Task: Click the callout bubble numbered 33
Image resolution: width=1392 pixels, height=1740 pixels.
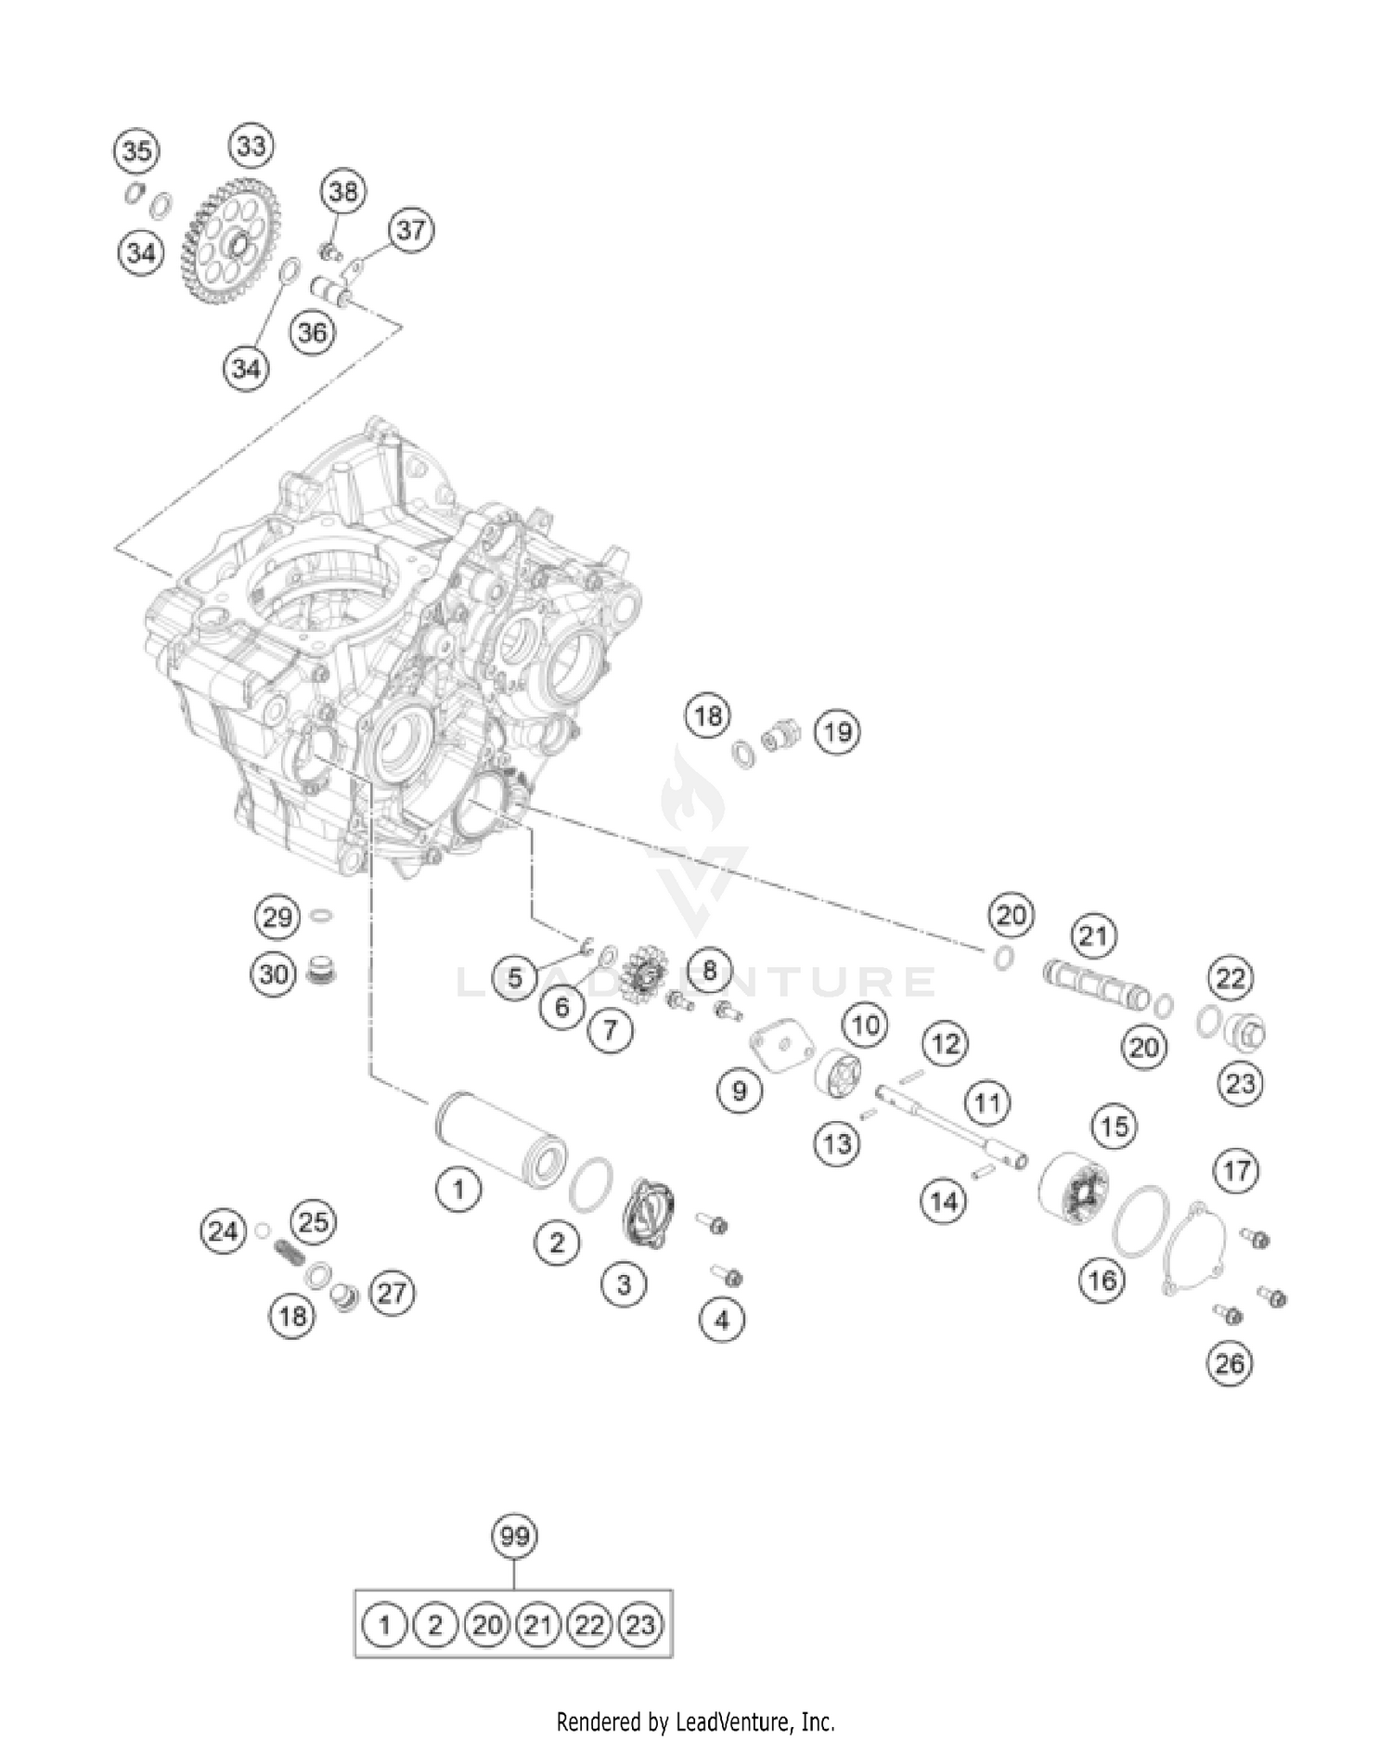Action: coord(251,146)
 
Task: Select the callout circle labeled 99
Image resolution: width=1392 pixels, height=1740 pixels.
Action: coord(514,1536)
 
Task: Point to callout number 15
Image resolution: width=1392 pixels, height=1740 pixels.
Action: coord(1114,1126)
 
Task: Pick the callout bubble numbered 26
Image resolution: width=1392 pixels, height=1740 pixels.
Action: coord(1230,1363)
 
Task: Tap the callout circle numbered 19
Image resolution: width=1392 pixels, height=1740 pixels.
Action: coord(837,732)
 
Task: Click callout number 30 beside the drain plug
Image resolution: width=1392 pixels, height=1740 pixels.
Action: coord(274,974)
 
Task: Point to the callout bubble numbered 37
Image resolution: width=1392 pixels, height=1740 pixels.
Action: coord(410,229)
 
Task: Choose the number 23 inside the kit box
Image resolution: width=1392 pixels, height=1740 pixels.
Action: coord(640,1625)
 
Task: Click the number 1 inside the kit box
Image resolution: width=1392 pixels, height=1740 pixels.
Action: coord(384,1625)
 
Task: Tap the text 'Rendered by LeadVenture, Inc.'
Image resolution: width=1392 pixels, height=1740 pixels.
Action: coord(695,1721)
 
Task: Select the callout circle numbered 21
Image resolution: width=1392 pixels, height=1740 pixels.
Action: coord(1093,935)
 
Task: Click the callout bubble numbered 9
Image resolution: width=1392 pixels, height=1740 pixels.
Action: coord(740,1089)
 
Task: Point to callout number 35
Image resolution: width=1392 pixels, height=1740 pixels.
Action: coord(136,150)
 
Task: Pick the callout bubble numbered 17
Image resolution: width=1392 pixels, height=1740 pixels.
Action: coord(1237,1171)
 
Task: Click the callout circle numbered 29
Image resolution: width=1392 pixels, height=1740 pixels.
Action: coord(277,918)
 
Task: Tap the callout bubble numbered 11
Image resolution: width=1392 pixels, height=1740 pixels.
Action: coord(986,1103)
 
